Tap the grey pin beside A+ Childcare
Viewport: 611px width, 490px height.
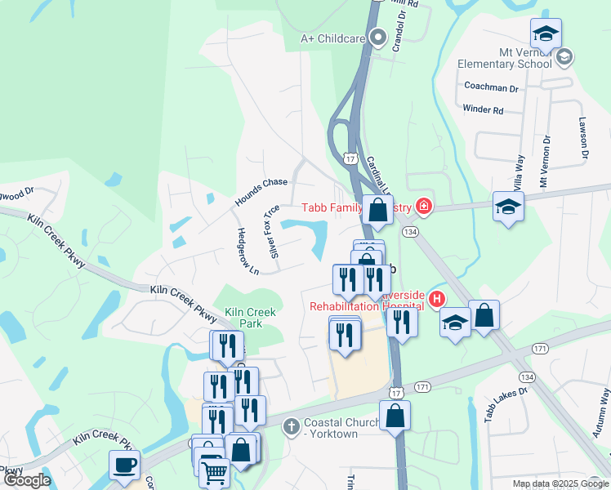click(377, 37)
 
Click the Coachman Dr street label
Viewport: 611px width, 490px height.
click(491, 87)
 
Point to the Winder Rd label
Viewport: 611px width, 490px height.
click(483, 109)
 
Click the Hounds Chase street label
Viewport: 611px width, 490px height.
click(261, 192)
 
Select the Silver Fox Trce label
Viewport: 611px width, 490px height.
click(270, 229)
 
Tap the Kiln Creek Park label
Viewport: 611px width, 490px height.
click(251, 318)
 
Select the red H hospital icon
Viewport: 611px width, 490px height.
click(437, 300)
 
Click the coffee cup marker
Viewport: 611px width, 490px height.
click(124, 465)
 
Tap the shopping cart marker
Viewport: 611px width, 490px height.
click(214, 470)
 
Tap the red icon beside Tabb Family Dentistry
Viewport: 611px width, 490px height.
click(423, 206)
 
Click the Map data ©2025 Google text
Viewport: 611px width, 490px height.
click(560, 483)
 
